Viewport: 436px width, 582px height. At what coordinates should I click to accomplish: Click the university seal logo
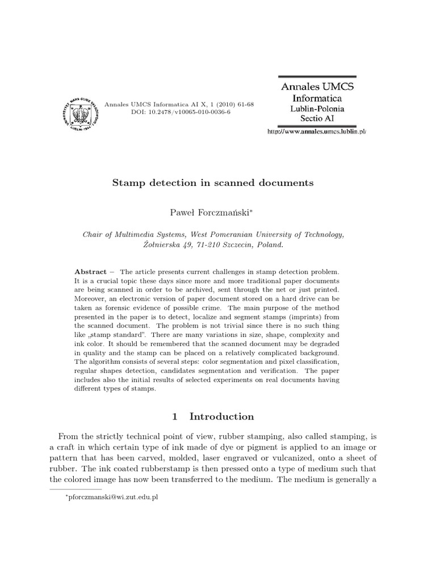(x=82, y=110)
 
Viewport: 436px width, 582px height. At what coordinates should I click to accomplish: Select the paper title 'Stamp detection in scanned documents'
(x=213, y=183)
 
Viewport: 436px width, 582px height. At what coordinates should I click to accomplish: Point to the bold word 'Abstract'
(x=91, y=272)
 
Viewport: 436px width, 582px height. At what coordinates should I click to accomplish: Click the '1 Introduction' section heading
(x=213, y=417)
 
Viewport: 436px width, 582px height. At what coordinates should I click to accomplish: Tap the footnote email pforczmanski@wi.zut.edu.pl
(x=112, y=497)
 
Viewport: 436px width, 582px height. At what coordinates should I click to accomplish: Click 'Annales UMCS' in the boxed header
(x=317, y=86)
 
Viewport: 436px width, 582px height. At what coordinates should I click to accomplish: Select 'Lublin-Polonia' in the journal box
(x=317, y=109)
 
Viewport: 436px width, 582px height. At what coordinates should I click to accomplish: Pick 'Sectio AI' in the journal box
(x=317, y=119)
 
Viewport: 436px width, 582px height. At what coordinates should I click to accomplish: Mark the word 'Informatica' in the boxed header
(x=317, y=98)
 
